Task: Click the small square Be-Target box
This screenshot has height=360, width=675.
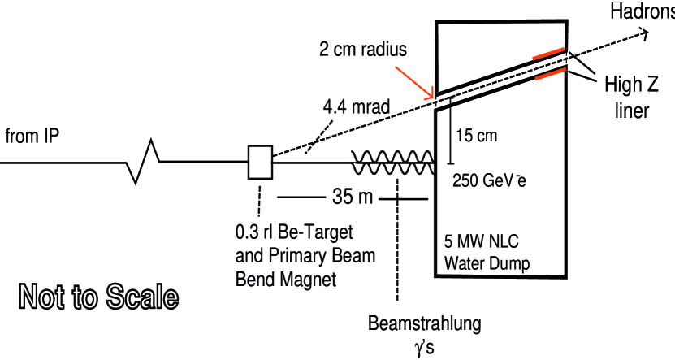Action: (260, 162)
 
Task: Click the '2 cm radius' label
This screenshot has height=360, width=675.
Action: (363, 49)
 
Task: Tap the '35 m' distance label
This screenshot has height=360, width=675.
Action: (352, 197)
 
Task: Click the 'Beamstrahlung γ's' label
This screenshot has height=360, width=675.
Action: (425, 334)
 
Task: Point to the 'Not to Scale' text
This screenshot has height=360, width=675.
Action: (96, 296)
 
